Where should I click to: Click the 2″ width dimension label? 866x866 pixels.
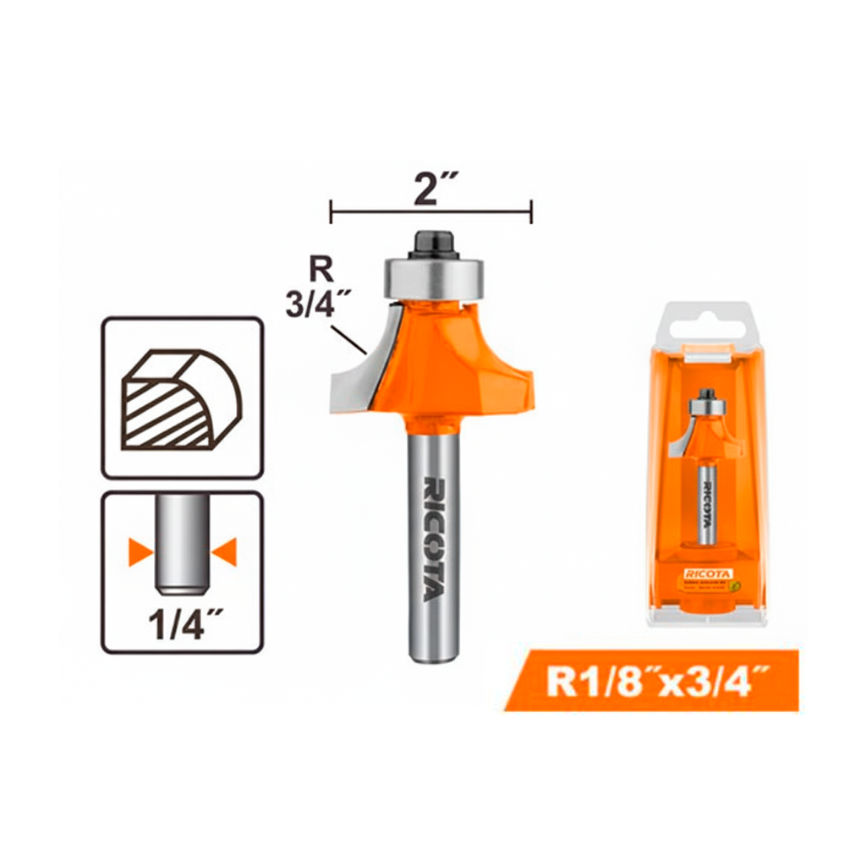point(431,189)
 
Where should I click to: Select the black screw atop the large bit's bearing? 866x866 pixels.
point(434,243)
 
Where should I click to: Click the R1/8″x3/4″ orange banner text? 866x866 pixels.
point(650,681)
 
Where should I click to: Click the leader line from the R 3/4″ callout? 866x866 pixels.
point(349,339)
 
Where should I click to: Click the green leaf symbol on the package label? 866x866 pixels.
point(736,584)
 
